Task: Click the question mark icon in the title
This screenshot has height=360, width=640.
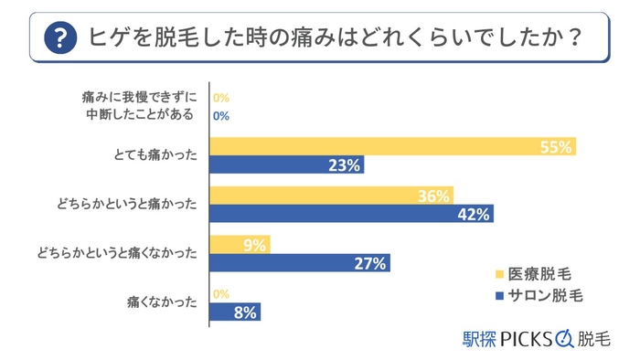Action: (x=60, y=38)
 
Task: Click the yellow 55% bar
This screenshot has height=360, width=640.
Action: (x=392, y=147)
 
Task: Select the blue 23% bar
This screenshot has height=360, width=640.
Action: (x=287, y=165)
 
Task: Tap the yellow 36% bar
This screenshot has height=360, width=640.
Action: (x=332, y=196)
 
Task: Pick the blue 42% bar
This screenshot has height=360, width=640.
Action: (x=352, y=215)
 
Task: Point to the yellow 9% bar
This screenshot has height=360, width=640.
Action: (x=240, y=245)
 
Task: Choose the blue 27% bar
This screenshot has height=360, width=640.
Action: (x=300, y=263)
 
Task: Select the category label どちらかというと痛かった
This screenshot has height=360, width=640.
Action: (x=136, y=206)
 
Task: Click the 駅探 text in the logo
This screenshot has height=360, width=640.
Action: (x=478, y=338)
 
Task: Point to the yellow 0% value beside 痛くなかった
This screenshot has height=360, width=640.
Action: (x=220, y=294)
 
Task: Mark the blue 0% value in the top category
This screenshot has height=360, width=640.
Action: (x=220, y=116)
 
